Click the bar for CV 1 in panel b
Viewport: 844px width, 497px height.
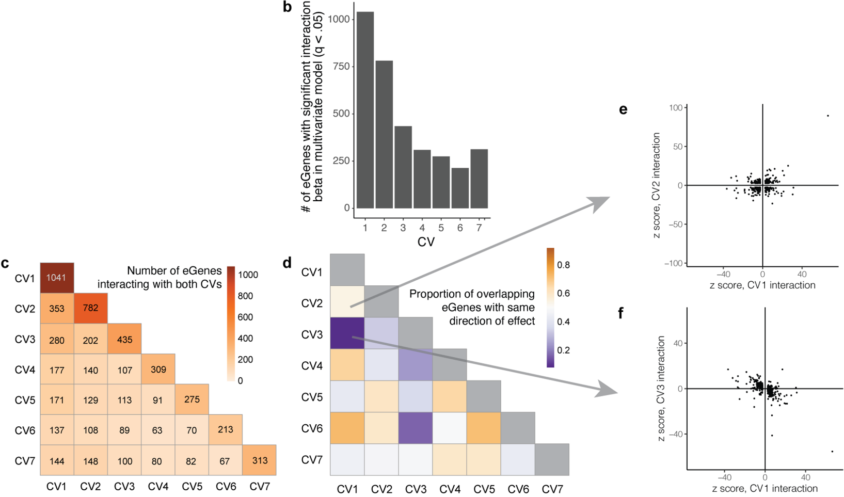click(365, 110)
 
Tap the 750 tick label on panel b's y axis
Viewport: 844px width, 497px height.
click(340, 67)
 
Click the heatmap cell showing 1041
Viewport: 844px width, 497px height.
click(57, 278)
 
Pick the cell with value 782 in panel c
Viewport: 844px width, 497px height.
click(90, 308)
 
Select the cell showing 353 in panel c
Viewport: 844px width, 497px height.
click(57, 308)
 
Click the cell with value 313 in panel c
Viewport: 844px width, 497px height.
click(259, 460)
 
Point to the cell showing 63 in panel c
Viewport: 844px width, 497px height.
click(157, 430)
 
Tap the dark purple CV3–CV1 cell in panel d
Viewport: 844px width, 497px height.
click(347, 333)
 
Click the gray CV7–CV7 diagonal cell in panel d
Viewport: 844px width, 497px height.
click(552, 459)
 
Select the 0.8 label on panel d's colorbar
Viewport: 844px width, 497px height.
click(564, 265)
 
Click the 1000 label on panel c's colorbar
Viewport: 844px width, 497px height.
click(248, 275)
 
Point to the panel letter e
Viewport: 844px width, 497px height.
click(623, 109)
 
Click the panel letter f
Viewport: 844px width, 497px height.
click(620, 313)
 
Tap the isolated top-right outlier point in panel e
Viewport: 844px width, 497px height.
click(828, 116)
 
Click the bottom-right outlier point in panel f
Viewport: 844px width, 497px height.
click(832, 452)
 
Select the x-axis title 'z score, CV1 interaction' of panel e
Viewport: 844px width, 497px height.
click(762, 285)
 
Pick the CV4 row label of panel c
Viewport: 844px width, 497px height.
click(25, 370)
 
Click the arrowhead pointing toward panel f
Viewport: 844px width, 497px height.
click(606, 391)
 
